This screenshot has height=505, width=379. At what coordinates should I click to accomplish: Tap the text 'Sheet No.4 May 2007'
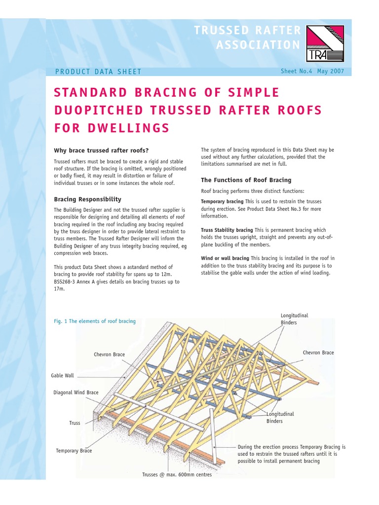point(312,71)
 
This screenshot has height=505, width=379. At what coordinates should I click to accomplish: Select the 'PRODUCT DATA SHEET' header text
point(98,72)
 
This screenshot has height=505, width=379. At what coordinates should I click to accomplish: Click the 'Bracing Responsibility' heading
point(87,199)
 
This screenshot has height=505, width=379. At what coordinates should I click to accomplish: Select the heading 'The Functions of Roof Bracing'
point(246,180)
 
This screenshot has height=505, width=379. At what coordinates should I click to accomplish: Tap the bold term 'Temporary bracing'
point(222,202)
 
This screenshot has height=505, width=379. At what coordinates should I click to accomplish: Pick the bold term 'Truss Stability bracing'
point(227,230)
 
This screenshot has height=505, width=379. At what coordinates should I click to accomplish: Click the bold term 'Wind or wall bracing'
point(225,258)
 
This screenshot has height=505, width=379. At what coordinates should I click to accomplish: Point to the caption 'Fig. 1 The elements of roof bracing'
point(94,321)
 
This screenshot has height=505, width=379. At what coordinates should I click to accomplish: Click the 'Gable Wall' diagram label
point(62,375)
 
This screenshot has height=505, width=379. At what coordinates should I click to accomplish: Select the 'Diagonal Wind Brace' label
point(76,393)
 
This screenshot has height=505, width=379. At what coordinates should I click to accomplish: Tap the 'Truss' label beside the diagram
point(75,423)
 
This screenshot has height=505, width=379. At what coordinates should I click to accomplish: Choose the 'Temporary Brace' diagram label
point(74,451)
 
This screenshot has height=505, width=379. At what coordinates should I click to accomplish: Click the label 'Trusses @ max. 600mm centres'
point(177,474)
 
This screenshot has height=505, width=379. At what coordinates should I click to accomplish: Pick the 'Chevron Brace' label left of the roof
point(109,355)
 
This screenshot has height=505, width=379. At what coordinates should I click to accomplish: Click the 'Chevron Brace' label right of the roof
point(318,353)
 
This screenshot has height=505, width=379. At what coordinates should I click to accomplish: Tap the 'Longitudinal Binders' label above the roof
point(294,319)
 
